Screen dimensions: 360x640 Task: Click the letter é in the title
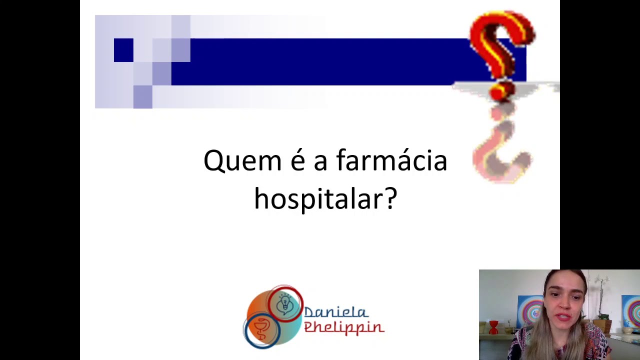click(297, 161)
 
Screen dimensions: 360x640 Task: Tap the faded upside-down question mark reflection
click(502, 147)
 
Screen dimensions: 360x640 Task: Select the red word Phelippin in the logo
click(344, 327)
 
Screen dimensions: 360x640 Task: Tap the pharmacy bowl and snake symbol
click(261, 330)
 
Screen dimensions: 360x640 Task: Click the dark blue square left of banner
click(123, 50)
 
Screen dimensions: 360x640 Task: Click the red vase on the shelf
click(493, 327)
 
